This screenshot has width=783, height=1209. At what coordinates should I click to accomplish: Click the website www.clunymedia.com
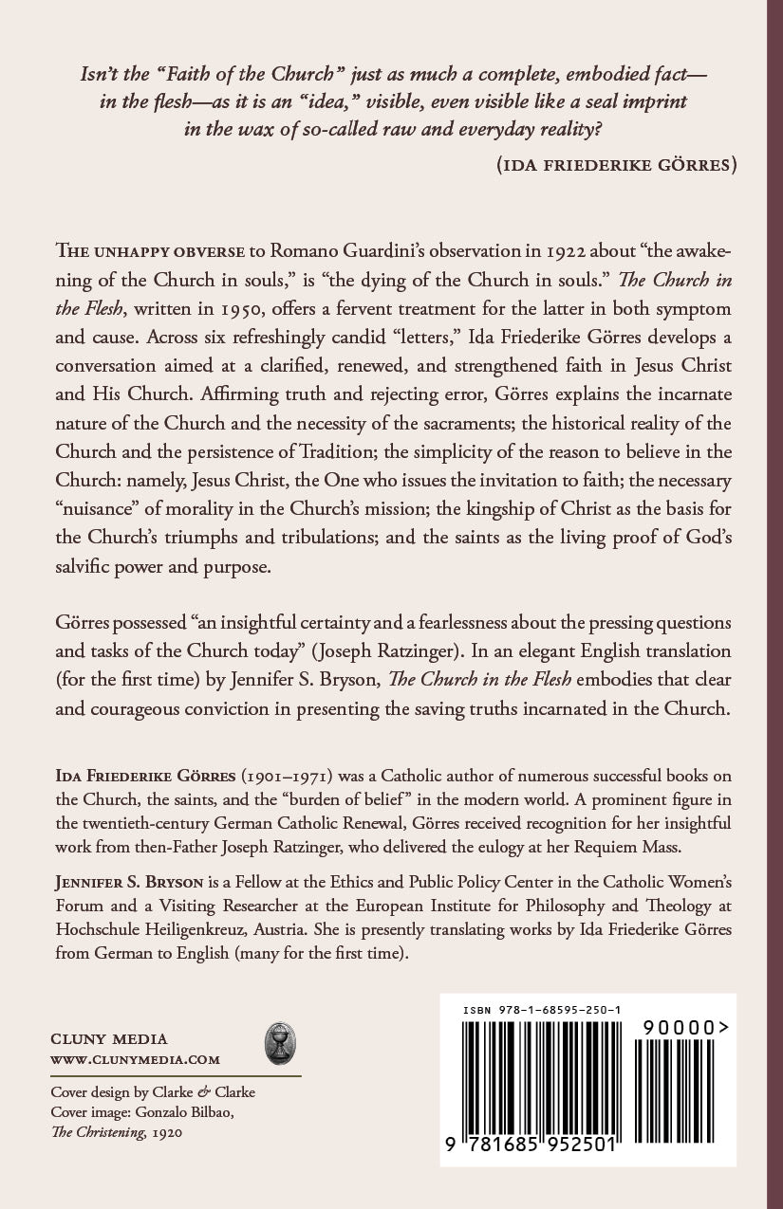(135, 1059)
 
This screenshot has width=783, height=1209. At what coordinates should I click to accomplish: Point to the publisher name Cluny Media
(110, 1038)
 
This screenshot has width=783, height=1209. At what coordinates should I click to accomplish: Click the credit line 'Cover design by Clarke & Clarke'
(153, 1092)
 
